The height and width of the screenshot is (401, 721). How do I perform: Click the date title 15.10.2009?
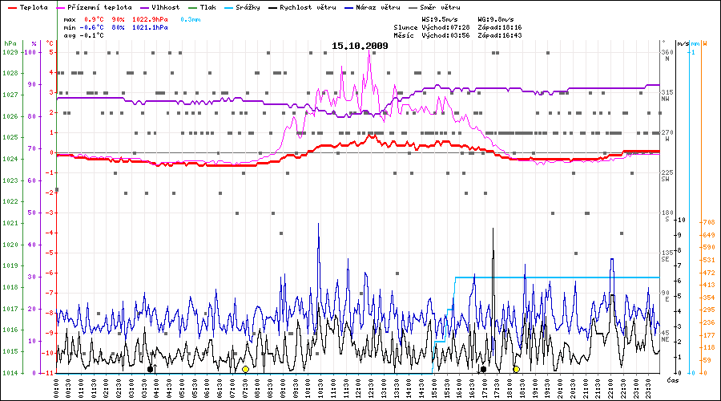pyautogui.click(x=360, y=46)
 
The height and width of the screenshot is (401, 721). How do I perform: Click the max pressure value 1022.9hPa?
pyautogui.click(x=150, y=18)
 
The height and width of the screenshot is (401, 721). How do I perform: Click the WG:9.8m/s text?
pyautogui.click(x=495, y=18)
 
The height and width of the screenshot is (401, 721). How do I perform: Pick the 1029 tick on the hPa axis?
pyautogui.click(x=10, y=52)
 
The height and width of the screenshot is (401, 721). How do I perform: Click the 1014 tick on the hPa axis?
pyautogui.click(x=10, y=373)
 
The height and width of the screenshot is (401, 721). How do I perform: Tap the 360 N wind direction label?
pyautogui.click(x=667, y=55)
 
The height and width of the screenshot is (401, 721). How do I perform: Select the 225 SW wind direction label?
pyautogui.click(x=667, y=175)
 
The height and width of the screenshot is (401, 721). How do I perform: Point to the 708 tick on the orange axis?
pyautogui.click(x=708, y=222)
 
